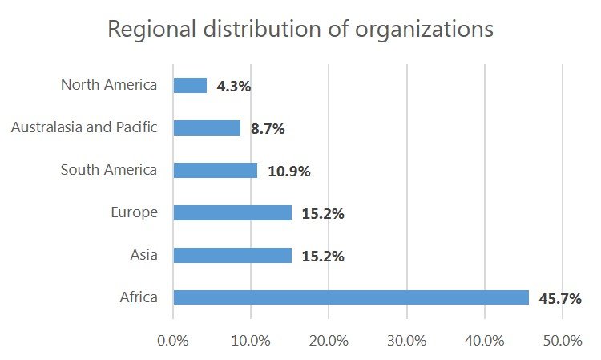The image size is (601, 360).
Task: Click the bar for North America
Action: click(190, 85)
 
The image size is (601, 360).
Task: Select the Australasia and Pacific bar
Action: click(207, 127)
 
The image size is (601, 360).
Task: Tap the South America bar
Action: click(216, 170)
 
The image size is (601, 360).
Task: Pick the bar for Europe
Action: click(232, 212)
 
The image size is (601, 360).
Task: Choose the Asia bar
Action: click(232, 255)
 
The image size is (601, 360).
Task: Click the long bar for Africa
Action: click(351, 297)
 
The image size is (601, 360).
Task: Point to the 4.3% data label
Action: click(233, 86)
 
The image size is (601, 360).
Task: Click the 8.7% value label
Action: click(268, 128)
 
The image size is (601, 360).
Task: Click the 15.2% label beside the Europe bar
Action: click(323, 213)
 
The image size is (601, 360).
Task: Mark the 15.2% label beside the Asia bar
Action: click(323, 256)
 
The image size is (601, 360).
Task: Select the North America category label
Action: click(109, 84)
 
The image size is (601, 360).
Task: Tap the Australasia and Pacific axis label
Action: click(84, 127)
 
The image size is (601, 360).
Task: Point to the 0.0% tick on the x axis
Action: click(173, 340)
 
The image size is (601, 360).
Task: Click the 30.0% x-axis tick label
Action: click(407, 340)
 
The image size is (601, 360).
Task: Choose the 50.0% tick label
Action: click(562, 340)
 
